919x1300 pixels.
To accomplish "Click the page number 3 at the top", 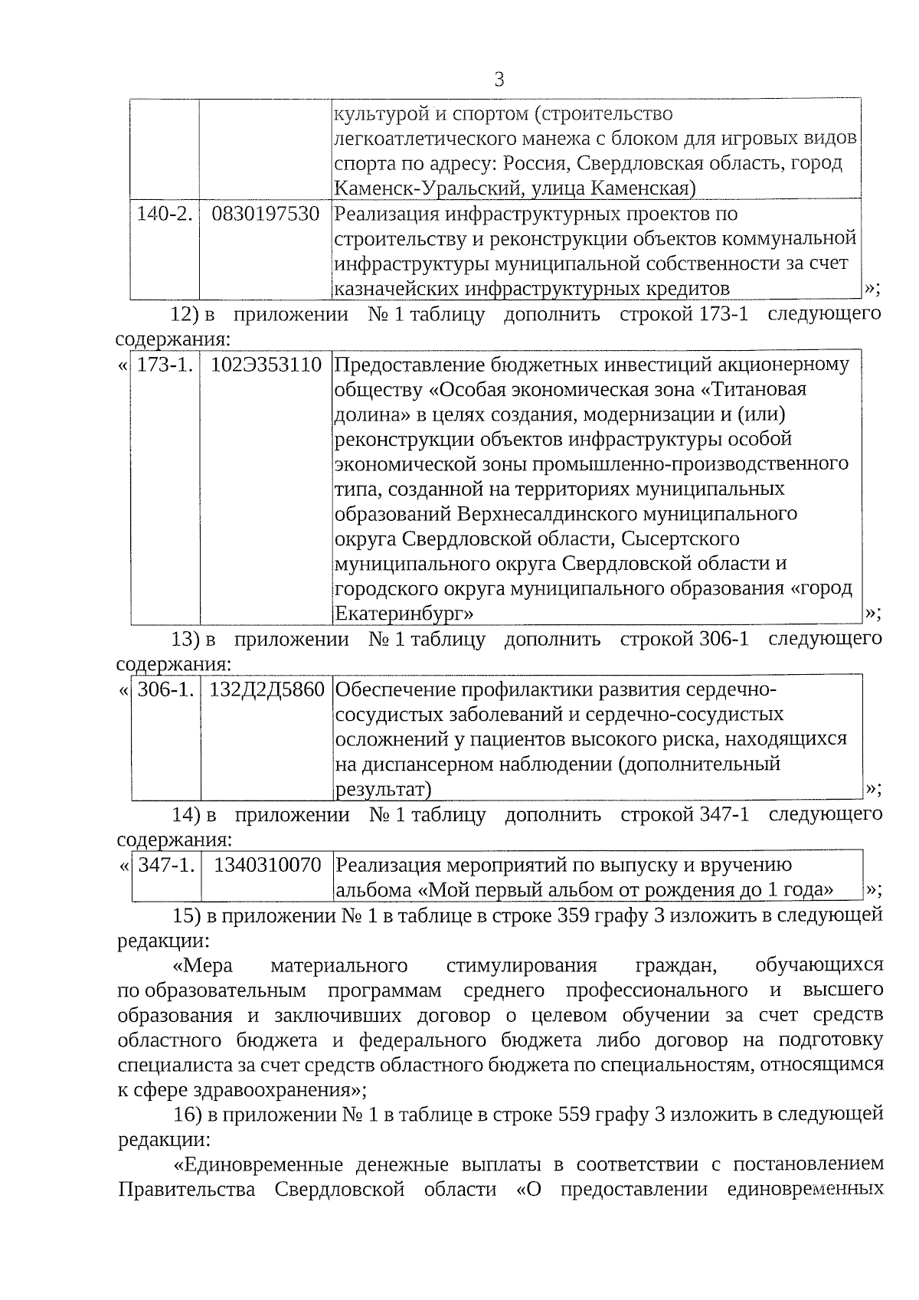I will click(x=499, y=80).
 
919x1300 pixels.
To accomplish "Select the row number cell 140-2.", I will click(x=164, y=214).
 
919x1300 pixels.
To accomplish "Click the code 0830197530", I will click(x=265, y=214).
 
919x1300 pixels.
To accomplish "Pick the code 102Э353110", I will click(x=266, y=365).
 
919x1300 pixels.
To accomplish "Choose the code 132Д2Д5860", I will click(x=267, y=689).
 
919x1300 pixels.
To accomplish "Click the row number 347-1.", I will click(x=166, y=865).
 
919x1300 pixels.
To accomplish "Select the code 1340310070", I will click(x=267, y=865).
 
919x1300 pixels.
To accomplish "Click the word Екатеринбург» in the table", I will click(x=403, y=614).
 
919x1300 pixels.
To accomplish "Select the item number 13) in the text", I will click(x=185, y=639).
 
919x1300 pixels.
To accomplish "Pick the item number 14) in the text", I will click(x=185, y=814).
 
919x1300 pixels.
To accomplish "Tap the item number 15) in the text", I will click(x=186, y=915).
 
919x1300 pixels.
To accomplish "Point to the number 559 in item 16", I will click(x=574, y=1114).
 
